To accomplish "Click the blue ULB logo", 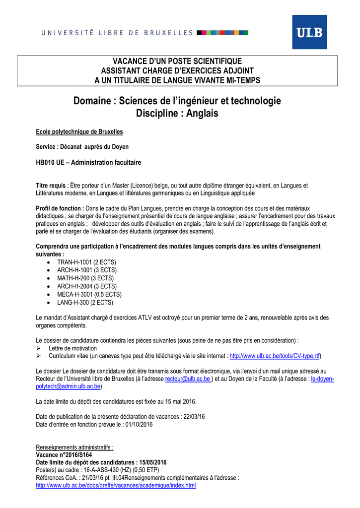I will coord(309,32).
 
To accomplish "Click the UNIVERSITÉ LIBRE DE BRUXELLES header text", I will coord(117,33).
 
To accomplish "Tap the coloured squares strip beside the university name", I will coord(222,33).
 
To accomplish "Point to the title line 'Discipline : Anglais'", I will coord(177,114).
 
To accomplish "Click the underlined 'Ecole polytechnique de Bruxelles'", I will coord(79,131).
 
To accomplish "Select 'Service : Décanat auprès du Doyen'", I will coord(82,147).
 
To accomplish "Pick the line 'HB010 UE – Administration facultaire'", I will coord(89,162).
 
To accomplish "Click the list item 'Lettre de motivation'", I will coord(72,348).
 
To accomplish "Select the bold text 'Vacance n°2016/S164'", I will coord(64,454).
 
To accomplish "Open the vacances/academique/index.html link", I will coord(116,485).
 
